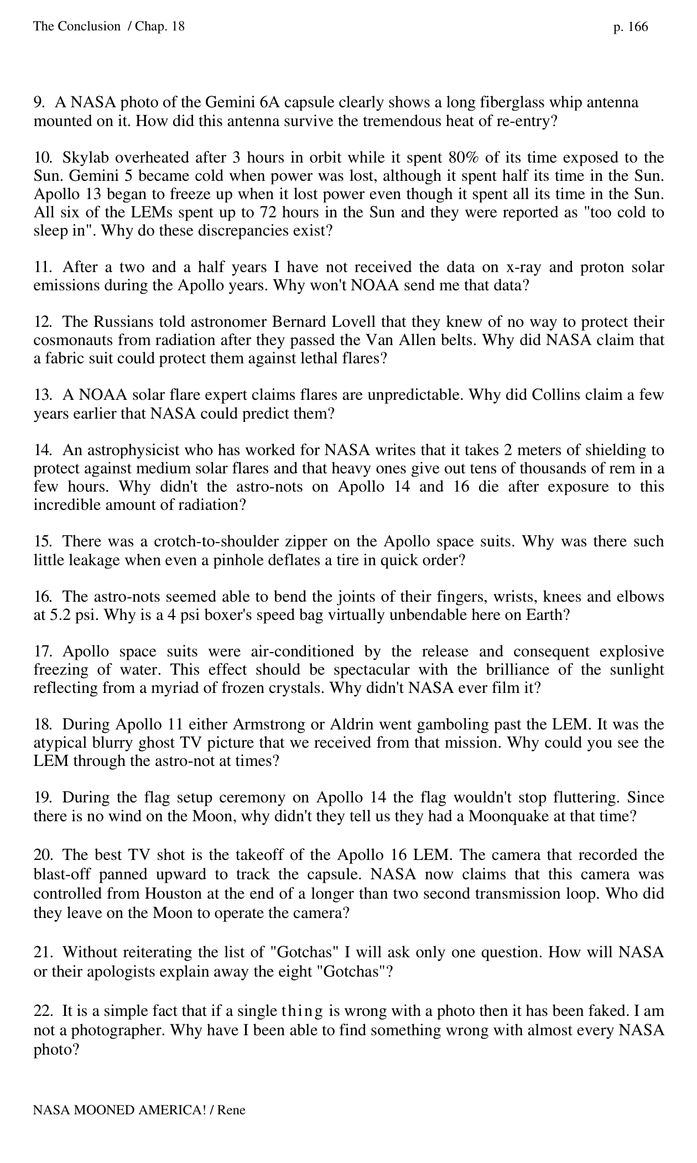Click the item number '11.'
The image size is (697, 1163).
[43, 267]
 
